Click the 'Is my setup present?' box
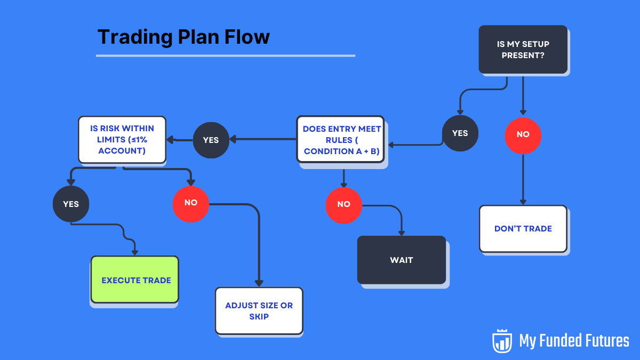pos(523,49)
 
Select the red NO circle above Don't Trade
pos(523,134)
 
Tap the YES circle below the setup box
pos(460,133)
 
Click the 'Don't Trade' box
pos(523,228)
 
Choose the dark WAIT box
pos(401,260)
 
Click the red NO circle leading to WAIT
pos(343,204)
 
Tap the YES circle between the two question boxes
pos(211,140)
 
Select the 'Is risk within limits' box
pos(122,140)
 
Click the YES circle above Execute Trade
pos(71,204)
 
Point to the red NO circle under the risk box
pos(190,203)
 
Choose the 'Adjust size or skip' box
pos(259,311)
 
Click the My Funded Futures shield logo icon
pos(502,341)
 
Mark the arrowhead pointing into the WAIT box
pos(401,233)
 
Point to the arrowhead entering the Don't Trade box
pos(523,202)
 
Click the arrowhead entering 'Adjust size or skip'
pos(259,283)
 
